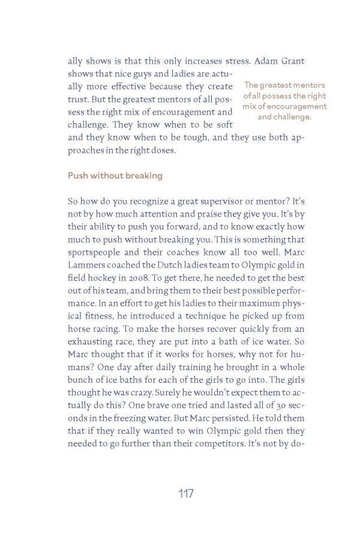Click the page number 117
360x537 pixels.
pyautogui.click(x=185, y=494)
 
